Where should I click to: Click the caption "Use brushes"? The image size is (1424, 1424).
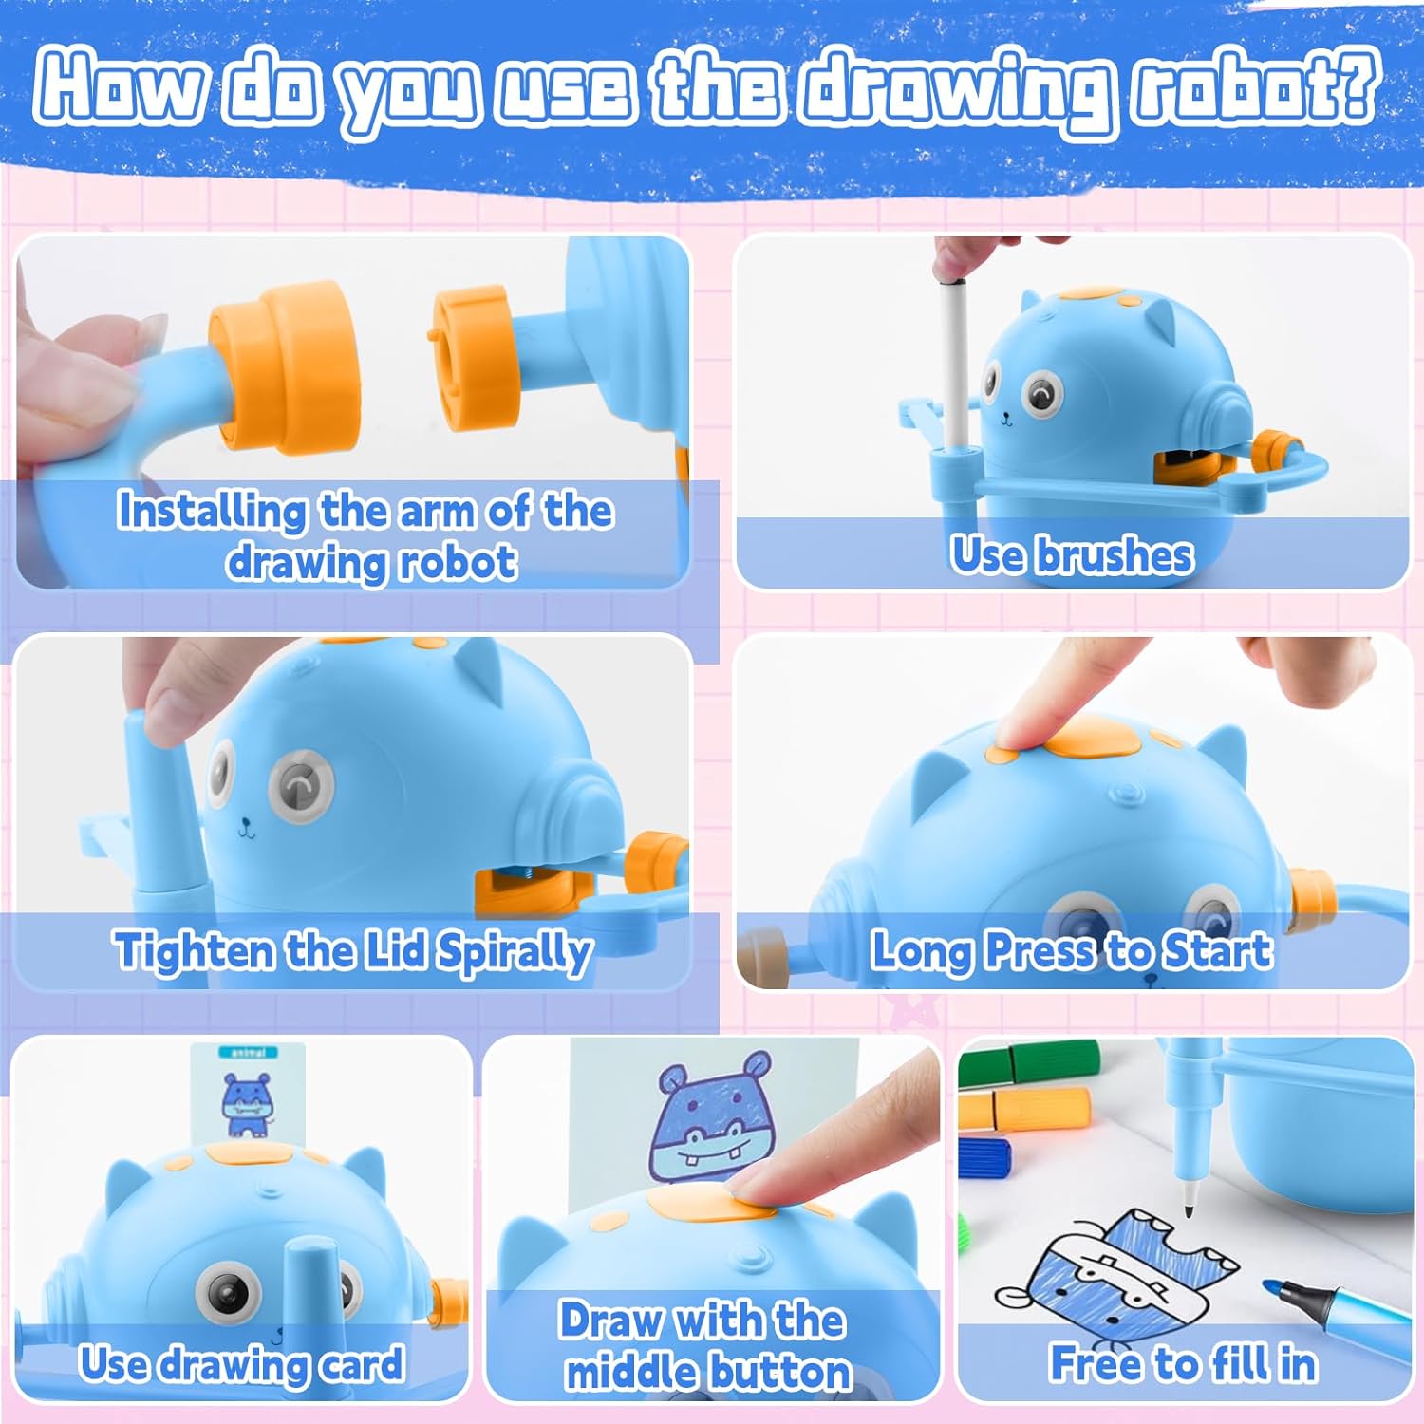(x=1072, y=554)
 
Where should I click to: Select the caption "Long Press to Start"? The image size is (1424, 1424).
(x=1072, y=951)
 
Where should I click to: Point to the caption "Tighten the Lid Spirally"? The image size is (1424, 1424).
(x=353, y=951)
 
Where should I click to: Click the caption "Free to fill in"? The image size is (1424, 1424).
(x=1183, y=1363)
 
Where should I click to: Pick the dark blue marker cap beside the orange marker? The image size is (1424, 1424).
(x=984, y=1157)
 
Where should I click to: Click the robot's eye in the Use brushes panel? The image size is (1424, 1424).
(x=1041, y=393)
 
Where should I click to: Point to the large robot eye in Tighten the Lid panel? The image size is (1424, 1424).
(x=302, y=787)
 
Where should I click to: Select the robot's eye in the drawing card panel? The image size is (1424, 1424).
(x=229, y=1290)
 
